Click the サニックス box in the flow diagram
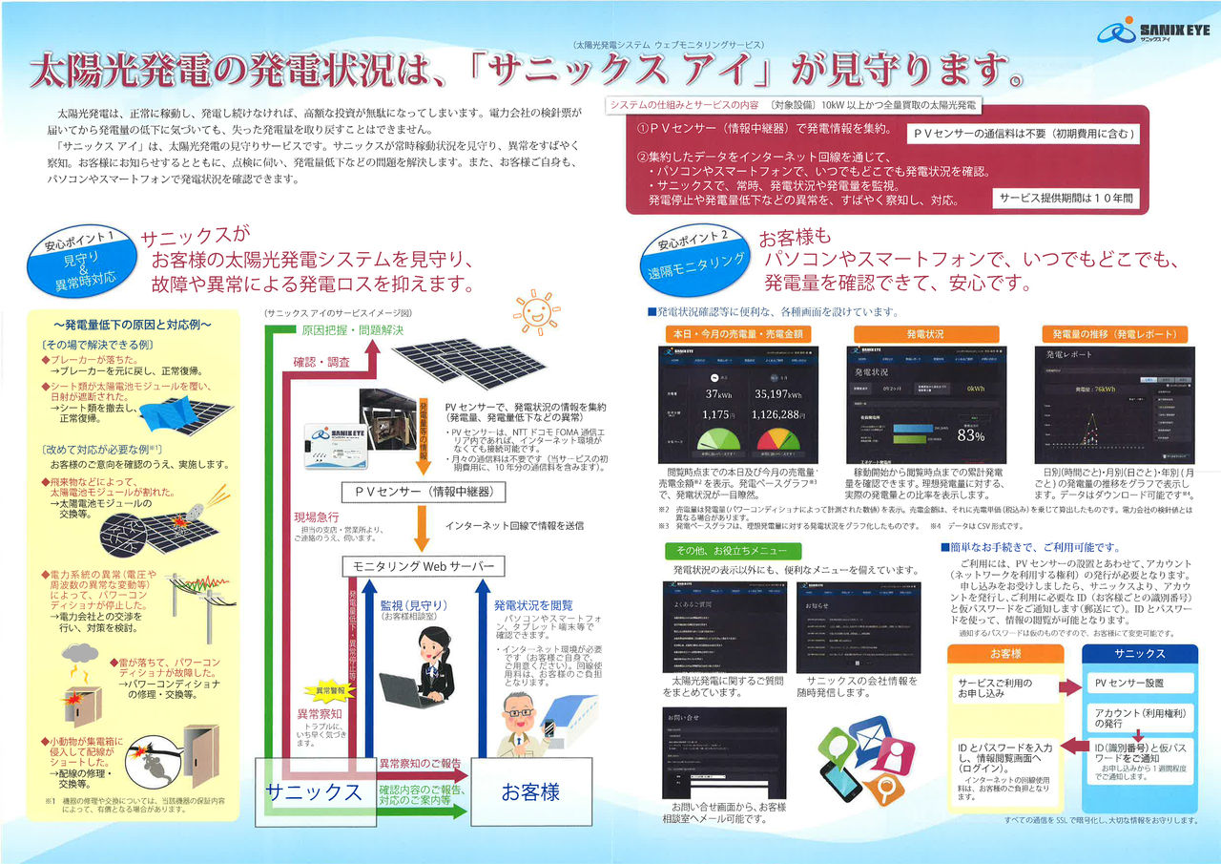coord(314,791)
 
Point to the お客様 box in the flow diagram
coord(531,791)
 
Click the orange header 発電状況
coord(925,334)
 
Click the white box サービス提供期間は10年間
coord(1066,199)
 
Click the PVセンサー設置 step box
coord(1129,684)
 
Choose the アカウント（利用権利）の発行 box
coord(1129,717)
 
